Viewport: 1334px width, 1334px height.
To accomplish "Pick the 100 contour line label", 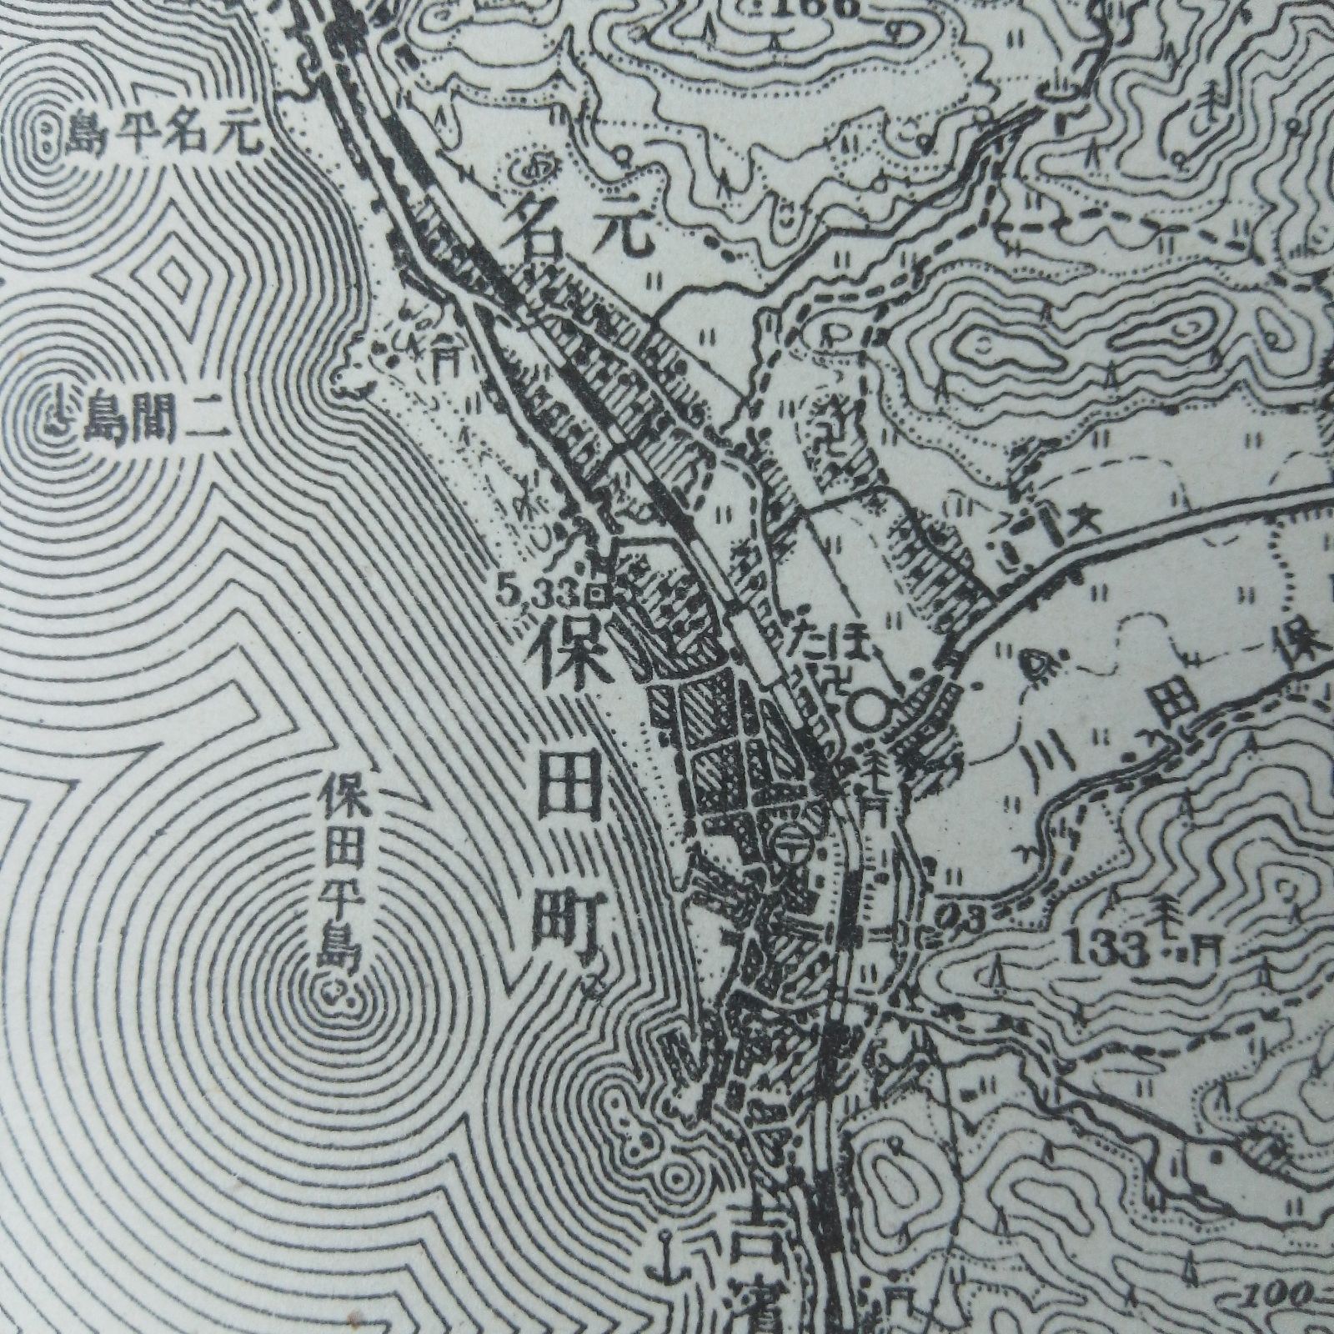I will [x=1297, y=1316].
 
